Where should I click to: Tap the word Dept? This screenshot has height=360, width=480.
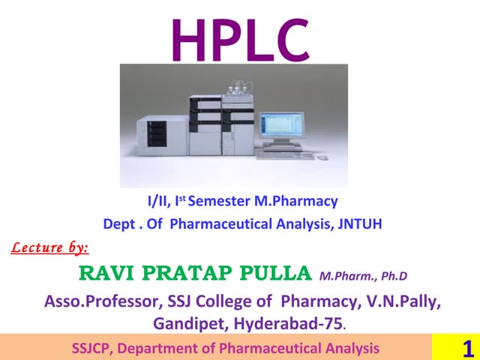(x=118, y=223)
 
